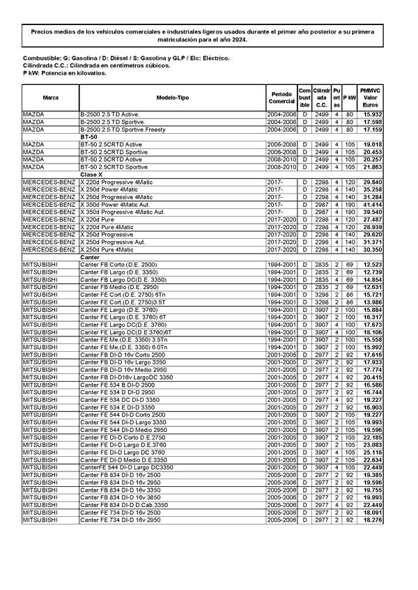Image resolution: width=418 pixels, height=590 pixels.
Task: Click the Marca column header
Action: pos(50,98)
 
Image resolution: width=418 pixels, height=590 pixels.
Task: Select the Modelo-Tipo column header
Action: pos(172,98)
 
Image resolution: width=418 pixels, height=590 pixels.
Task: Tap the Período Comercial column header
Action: pos(282,98)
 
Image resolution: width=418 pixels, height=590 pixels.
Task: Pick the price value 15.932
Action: pos(373,114)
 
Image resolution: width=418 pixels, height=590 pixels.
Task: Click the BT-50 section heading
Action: pos(88,137)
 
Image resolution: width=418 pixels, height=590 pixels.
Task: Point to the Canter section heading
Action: pos(90,258)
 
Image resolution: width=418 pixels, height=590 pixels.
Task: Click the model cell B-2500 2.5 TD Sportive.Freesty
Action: pos(123,130)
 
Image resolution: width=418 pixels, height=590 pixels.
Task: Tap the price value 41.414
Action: pos(373,205)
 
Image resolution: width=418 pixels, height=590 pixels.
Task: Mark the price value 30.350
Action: pos(373,249)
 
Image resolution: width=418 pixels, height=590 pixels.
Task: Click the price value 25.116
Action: pos(373,452)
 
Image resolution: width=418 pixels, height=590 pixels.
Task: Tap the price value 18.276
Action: pos(373,520)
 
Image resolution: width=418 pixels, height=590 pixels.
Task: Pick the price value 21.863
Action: pos(373,167)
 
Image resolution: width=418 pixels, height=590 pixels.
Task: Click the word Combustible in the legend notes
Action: pos(39,59)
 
